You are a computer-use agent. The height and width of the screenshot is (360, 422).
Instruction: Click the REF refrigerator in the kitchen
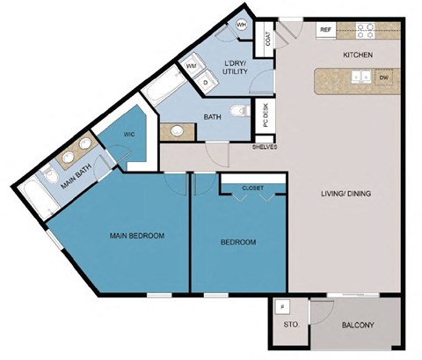(326, 30)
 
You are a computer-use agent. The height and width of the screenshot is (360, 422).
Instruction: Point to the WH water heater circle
(242, 25)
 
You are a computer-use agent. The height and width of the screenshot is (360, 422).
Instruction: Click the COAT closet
(267, 40)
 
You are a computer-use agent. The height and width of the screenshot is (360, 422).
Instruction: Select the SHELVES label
(265, 147)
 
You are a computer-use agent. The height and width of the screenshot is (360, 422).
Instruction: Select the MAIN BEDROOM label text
(137, 236)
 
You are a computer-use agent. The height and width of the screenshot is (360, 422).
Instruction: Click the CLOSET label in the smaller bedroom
(253, 187)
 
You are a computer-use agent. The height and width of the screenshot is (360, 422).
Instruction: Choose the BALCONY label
(358, 327)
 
